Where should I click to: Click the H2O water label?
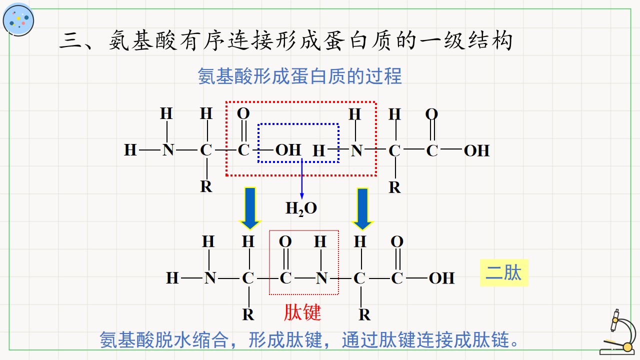tap(301, 208)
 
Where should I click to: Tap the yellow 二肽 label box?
tap(504, 272)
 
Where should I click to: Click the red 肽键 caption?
tap(302, 312)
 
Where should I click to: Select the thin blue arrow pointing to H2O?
tap(301, 178)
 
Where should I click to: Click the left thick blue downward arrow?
tap(250, 208)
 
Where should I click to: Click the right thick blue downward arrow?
tap(362, 209)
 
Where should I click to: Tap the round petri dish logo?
tap(18, 20)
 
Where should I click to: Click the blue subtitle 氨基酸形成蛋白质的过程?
tap(299, 76)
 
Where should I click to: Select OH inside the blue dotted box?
tap(288, 150)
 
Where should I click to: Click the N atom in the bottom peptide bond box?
tap(321, 278)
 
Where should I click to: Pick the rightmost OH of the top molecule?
tap(476, 150)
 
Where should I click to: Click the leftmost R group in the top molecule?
tap(206, 187)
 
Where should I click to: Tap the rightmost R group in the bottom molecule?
tap(364, 315)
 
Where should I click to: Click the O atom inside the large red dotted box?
tap(243, 113)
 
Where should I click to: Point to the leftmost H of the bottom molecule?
tap(172, 278)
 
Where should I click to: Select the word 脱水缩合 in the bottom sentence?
tap(192, 340)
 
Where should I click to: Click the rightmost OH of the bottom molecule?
tap(441, 278)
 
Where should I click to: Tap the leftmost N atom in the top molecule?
tap(168, 150)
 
